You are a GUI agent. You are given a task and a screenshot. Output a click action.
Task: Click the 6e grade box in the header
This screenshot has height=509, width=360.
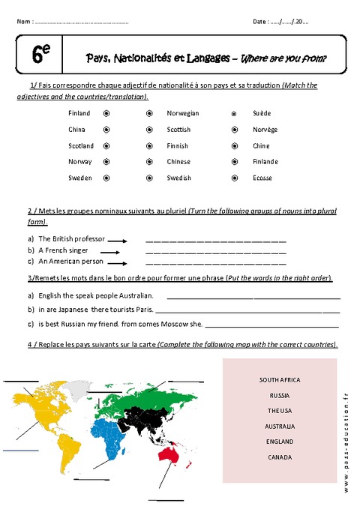(40, 54)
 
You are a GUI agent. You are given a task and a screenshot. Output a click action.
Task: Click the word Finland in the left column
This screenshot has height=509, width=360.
(79, 113)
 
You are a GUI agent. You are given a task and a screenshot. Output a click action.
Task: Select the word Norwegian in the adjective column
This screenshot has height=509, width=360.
(183, 113)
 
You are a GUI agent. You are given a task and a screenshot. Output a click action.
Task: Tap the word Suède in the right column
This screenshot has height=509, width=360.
(262, 113)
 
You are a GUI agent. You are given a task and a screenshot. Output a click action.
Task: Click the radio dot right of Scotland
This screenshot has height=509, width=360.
(106, 145)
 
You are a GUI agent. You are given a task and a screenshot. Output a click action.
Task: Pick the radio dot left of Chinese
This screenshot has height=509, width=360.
(148, 162)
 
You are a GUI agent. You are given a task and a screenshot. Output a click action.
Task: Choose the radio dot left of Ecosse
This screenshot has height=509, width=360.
(234, 178)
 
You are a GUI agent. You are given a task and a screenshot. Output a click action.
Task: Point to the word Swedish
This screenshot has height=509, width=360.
(178, 178)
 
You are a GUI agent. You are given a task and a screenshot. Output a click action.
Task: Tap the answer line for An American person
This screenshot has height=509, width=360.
(215, 263)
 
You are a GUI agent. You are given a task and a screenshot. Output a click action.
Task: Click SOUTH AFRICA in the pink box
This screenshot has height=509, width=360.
(280, 380)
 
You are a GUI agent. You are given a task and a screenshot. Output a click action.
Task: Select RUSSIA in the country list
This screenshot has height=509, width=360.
(280, 395)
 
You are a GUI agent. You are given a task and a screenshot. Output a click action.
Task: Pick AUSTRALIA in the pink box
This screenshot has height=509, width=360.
(280, 426)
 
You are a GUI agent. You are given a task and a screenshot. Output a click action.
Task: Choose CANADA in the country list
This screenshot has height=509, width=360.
(280, 457)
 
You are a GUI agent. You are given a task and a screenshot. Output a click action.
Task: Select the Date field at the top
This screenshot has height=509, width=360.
(279, 21)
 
